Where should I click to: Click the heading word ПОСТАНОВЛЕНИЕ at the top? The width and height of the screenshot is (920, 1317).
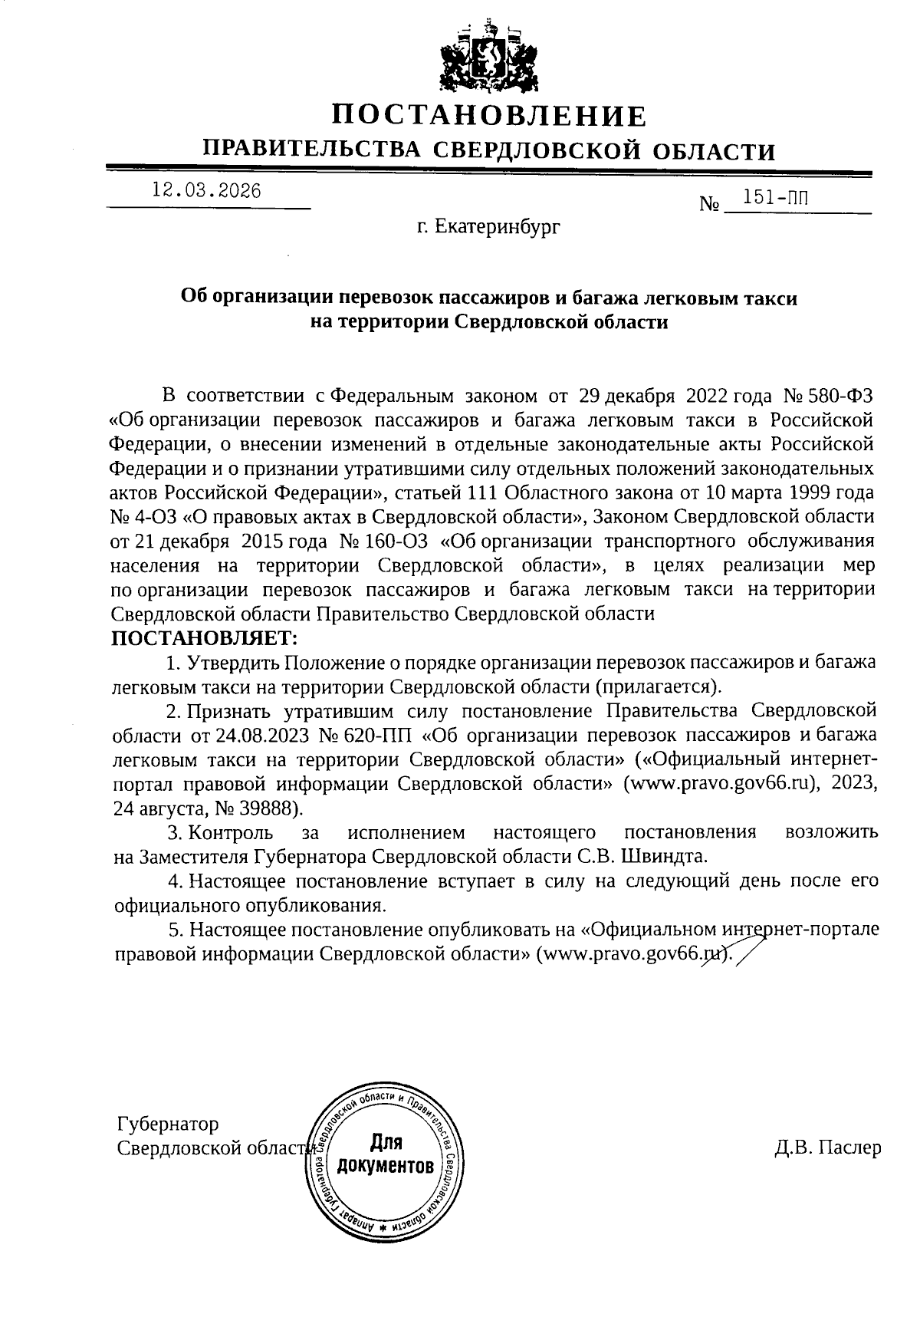click(489, 116)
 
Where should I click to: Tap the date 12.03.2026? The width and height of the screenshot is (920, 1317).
click(206, 191)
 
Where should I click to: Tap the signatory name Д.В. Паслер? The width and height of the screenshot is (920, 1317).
click(827, 1148)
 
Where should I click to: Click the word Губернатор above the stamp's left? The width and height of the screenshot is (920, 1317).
click(168, 1124)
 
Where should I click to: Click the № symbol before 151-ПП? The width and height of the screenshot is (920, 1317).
click(709, 206)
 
